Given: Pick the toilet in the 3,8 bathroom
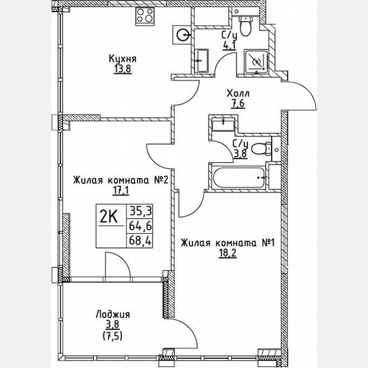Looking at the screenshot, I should point(262,149).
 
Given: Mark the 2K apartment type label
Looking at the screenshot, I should point(109,217).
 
